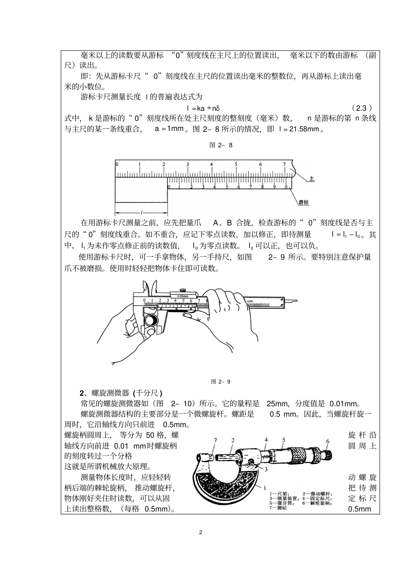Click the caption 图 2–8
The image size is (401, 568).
[x=221, y=145]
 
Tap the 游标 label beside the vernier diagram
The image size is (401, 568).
[x=303, y=202]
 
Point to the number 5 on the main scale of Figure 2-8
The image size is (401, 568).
[x=236, y=165]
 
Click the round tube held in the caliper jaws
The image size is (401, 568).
[x=151, y=321]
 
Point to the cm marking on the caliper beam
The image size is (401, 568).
[x=250, y=301]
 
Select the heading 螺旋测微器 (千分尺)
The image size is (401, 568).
[x=121, y=392]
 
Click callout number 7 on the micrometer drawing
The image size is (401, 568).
[x=215, y=440]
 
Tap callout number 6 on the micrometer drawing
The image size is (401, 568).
[x=328, y=441]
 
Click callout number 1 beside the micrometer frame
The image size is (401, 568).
[x=264, y=487]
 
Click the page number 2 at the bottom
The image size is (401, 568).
[x=200, y=532]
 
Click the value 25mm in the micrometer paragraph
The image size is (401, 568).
[x=276, y=403]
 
